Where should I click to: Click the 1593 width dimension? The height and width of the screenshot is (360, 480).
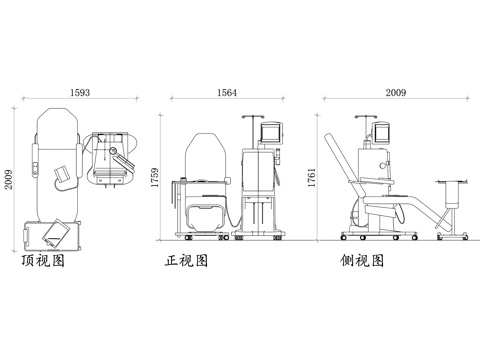(x=80, y=92)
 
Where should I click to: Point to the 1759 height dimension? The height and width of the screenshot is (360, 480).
(x=158, y=179)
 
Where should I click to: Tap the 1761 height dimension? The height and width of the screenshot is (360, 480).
(x=312, y=179)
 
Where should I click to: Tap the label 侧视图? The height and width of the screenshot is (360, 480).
(x=363, y=263)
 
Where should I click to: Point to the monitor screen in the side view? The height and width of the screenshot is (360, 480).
(x=382, y=130)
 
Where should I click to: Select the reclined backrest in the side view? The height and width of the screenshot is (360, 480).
(x=347, y=160)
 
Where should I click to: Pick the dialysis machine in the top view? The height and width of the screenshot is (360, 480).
(x=110, y=158)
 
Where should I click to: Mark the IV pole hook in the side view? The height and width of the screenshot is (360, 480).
(x=363, y=118)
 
